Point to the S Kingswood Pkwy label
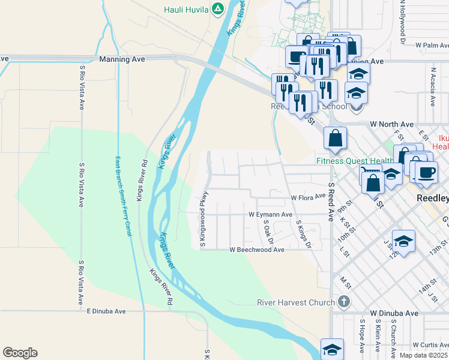click(203, 220)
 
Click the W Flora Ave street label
click(308, 197)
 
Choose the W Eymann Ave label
click(270, 214)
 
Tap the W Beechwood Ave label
click(257, 250)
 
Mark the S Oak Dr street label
click(268, 232)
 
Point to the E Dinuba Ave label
click(106, 311)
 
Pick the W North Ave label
click(391, 124)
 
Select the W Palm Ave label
click(428, 45)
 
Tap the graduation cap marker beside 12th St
click(403, 242)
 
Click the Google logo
click(20, 353)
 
